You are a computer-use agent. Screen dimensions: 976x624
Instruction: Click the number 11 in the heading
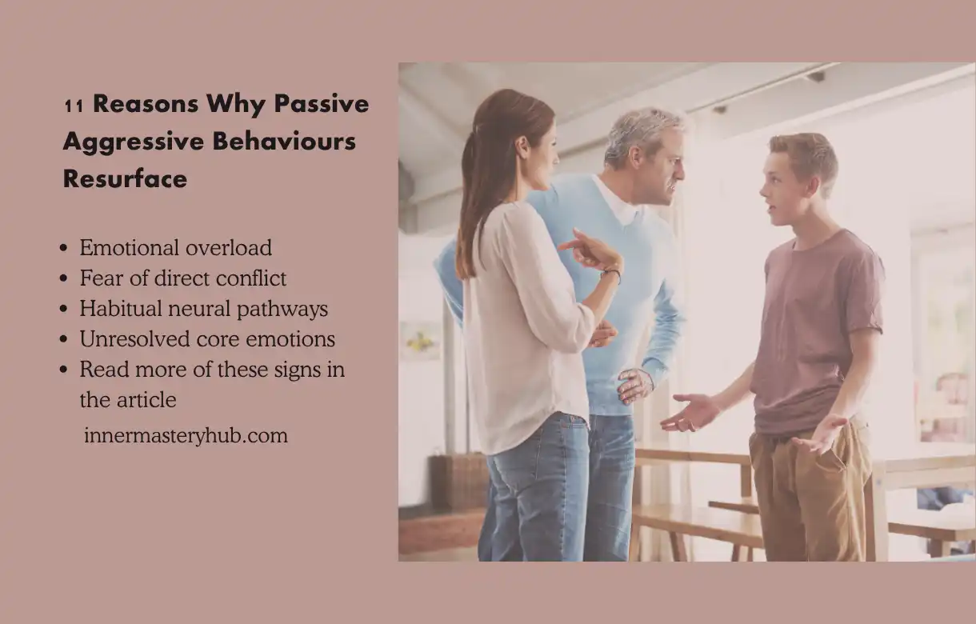(x=74, y=106)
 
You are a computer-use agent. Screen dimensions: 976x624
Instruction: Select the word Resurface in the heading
(x=125, y=178)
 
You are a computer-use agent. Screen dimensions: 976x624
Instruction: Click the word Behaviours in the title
(x=285, y=141)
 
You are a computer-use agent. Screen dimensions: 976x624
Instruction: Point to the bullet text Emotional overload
(x=175, y=247)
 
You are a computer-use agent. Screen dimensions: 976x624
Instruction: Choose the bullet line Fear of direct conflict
(x=183, y=278)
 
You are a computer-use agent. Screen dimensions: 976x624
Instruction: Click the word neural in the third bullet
(x=199, y=309)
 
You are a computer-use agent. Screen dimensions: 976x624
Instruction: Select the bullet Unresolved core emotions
(x=207, y=339)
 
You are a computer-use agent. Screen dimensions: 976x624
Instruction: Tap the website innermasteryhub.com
(x=186, y=435)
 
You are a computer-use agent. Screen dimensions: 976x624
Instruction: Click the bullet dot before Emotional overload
(x=64, y=248)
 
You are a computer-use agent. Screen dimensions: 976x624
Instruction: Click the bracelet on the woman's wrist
(x=611, y=274)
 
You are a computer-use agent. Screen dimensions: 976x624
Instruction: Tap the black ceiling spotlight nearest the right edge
(x=816, y=76)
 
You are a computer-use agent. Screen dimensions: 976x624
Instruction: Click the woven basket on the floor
(x=458, y=480)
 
